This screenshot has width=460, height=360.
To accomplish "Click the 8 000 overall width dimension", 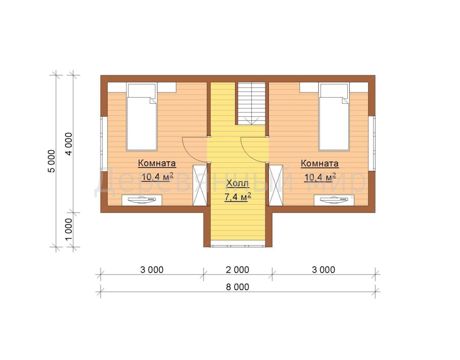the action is tap(238, 287).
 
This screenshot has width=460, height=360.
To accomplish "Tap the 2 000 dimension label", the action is tap(238, 269).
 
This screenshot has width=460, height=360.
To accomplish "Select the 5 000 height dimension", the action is tap(51, 161).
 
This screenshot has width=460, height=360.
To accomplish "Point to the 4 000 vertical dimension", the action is tap(68, 144).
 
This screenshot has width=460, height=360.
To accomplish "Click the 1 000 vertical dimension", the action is tap(68, 229).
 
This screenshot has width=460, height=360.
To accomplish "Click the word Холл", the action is tap(238, 184).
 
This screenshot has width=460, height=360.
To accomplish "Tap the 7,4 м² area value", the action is tap(238, 197).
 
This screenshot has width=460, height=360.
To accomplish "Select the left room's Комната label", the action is tap(157, 163).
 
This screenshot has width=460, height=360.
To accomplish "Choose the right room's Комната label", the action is tap(320, 163).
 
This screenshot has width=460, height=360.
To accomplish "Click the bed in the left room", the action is tap(142, 117).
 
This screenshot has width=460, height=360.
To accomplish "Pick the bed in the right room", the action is tap(334, 117).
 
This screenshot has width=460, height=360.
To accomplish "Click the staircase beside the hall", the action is tap(251, 103).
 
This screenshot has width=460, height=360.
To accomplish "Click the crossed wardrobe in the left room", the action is tap(200, 186).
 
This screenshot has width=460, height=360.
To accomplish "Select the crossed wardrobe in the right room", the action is tap(276, 186).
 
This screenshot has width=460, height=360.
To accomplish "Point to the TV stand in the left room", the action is tap(142, 200).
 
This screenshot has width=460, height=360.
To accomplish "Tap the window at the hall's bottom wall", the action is tap(238, 244).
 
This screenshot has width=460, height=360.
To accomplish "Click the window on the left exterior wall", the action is tap(104, 144).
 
